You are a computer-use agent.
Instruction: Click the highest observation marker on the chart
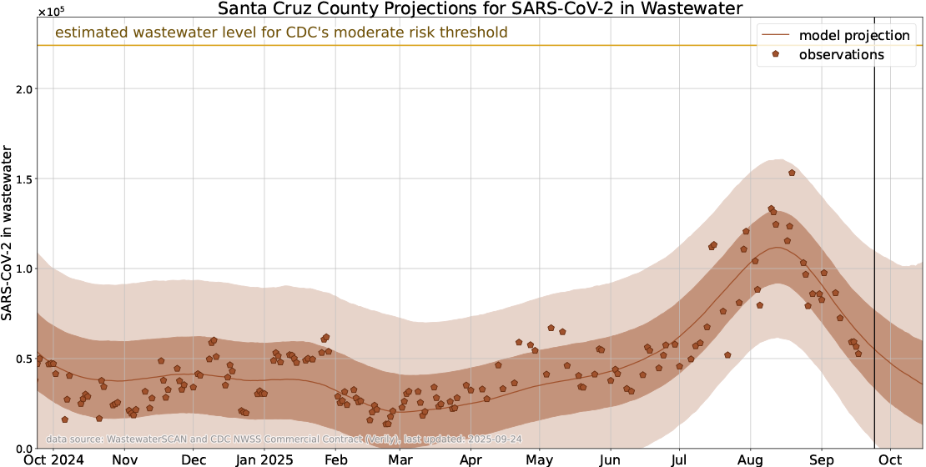click(x=792, y=173)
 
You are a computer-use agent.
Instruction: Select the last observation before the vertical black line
click(x=858, y=354)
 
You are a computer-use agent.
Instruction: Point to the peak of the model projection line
click(x=778, y=247)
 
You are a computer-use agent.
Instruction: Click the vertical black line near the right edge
click(x=874, y=250)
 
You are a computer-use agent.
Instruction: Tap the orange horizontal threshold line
click(x=584, y=45)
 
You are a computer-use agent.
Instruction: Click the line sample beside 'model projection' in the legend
click(x=776, y=35)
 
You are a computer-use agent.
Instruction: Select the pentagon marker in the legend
click(x=776, y=54)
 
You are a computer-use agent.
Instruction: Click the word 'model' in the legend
click(x=818, y=35)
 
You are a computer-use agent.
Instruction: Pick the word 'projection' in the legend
click(x=876, y=35)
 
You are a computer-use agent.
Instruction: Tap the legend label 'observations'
click(x=841, y=55)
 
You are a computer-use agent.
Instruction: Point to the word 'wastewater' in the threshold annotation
click(x=175, y=33)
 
